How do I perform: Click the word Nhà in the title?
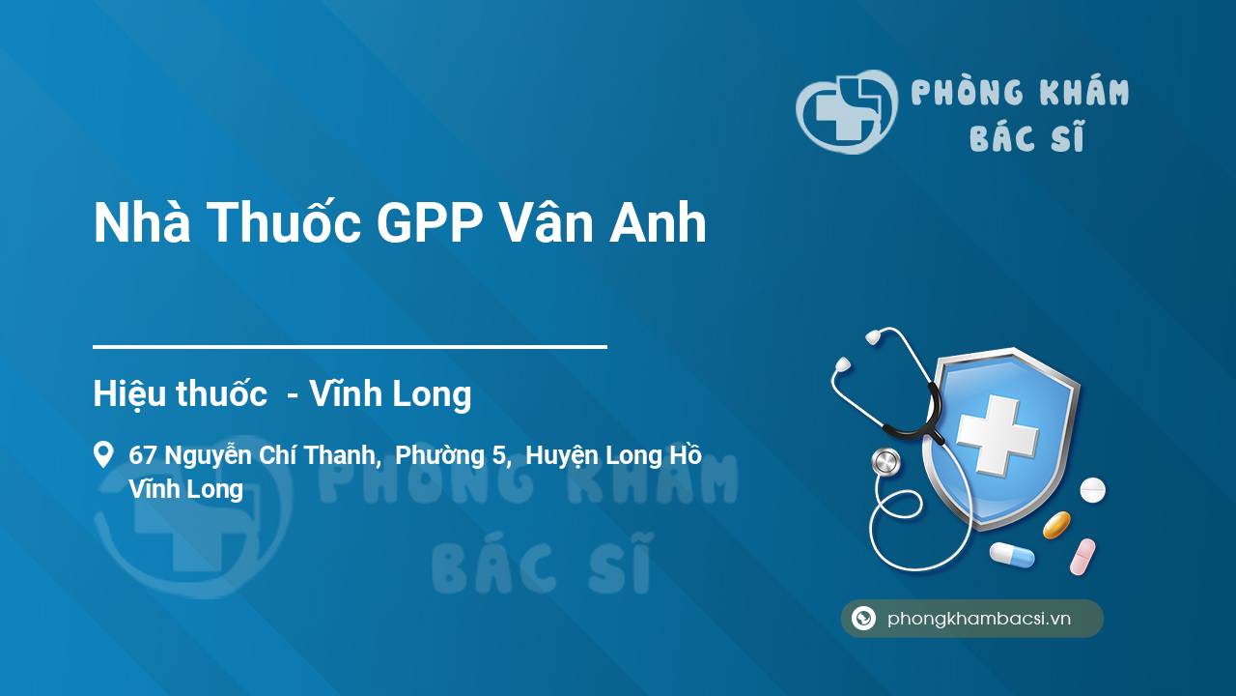[x=140, y=223]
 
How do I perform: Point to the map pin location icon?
[x=102, y=454]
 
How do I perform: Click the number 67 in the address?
[x=143, y=455]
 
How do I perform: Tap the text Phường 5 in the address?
[x=452, y=455]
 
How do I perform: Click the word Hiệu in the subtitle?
[x=129, y=394]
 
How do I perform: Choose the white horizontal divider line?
[x=350, y=346]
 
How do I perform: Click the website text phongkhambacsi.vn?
[x=979, y=619]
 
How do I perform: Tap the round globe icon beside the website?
[x=863, y=619]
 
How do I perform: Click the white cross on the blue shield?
[x=997, y=436]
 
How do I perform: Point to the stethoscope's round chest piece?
[x=885, y=462]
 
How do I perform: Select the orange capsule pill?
[x=1056, y=525]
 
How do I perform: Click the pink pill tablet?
[x=1082, y=556]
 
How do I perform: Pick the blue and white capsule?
[x=1012, y=555]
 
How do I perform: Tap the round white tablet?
[x=1092, y=490]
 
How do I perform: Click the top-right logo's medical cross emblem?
[x=843, y=111]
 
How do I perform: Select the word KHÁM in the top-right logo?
[x=1082, y=94]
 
